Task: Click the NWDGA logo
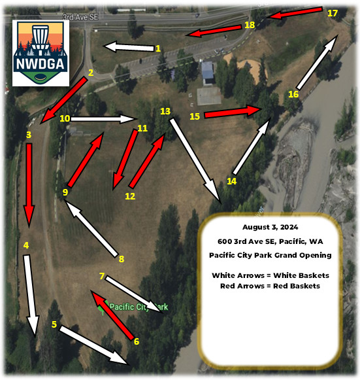(x=41, y=53)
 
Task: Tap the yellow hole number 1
(x=158, y=48)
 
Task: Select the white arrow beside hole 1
(x=129, y=47)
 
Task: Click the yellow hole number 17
(x=332, y=13)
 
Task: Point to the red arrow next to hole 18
(x=214, y=31)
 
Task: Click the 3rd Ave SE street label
(x=80, y=17)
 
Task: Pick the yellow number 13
(x=165, y=111)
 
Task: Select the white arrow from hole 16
(x=317, y=62)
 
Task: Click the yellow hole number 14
(x=232, y=181)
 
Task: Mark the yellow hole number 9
(x=65, y=192)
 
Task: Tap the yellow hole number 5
(x=54, y=324)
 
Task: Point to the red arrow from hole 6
(x=112, y=315)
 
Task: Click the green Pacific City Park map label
(x=139, y=307)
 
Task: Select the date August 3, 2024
(x=270, y=227)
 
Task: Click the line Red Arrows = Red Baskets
(x=270, y=286)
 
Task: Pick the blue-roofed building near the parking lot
(x=208, y=72)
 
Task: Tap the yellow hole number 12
(x=130, y=196)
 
